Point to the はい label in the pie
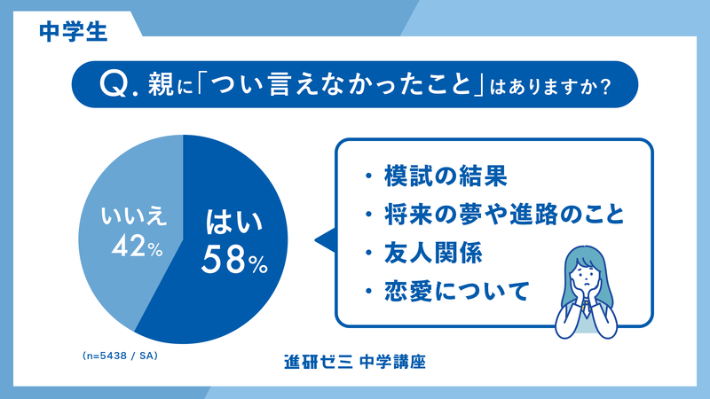pos(233,221)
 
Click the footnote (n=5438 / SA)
pos(118,356)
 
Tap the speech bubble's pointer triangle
pos(325,239)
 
